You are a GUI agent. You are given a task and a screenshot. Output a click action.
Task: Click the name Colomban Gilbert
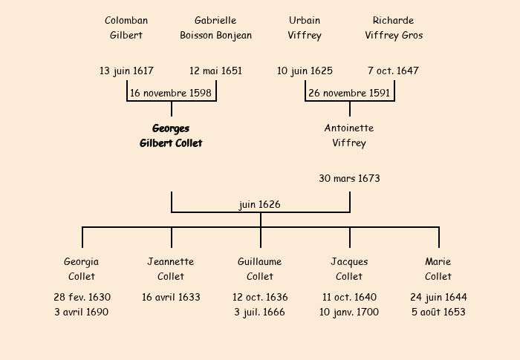126,27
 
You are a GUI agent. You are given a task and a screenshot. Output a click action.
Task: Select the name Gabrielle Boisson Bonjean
215,27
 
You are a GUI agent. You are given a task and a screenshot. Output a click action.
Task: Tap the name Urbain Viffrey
305,27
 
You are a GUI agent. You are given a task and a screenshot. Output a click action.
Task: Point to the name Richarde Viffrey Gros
394,27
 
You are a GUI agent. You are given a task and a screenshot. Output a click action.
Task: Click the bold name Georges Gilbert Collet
171,136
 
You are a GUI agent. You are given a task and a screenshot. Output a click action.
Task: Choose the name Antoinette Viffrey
349,136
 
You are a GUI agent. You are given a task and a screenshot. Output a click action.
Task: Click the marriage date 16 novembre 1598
171,94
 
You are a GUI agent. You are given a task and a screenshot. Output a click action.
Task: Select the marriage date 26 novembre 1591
349,94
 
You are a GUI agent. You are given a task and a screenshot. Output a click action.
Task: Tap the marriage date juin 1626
260,205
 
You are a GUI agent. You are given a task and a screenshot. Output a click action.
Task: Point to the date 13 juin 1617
126,71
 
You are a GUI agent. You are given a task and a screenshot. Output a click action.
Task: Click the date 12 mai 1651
215,71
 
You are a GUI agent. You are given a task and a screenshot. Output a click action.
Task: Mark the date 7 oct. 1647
393,71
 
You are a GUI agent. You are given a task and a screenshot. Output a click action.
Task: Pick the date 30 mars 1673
349,178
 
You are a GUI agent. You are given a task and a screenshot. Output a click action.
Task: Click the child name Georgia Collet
82,269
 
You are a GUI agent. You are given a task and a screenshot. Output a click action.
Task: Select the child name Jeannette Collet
171,269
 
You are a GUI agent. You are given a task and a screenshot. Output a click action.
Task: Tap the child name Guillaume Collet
260,269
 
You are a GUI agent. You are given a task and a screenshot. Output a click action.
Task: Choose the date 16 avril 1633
171,297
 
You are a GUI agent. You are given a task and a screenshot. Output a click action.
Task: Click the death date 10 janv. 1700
349,312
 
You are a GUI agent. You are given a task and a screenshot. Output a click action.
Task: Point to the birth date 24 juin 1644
438,297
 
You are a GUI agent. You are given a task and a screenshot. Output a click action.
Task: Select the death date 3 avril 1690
82,312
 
